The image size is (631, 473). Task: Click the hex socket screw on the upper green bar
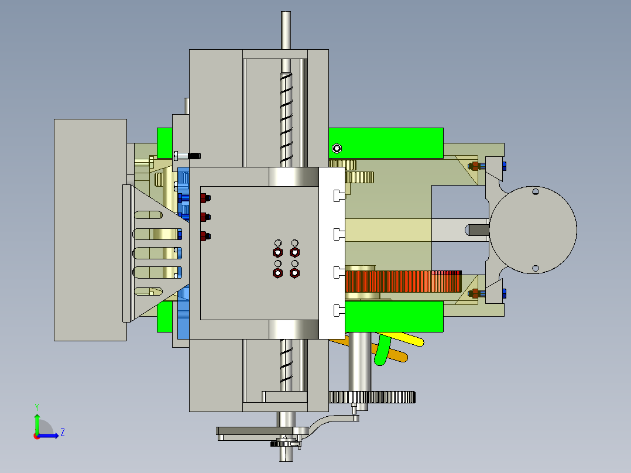(x=336, y=148)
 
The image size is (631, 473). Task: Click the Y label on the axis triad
(x=36, y=406)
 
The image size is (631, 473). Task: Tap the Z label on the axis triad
(x=62, y=433)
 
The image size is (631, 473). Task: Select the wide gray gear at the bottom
(x=372, y=397)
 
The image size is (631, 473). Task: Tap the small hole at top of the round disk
(x=534, y=191)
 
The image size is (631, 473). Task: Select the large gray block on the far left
(x=90, y=229)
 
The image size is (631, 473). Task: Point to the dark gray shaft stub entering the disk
(x=478, y=229)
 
